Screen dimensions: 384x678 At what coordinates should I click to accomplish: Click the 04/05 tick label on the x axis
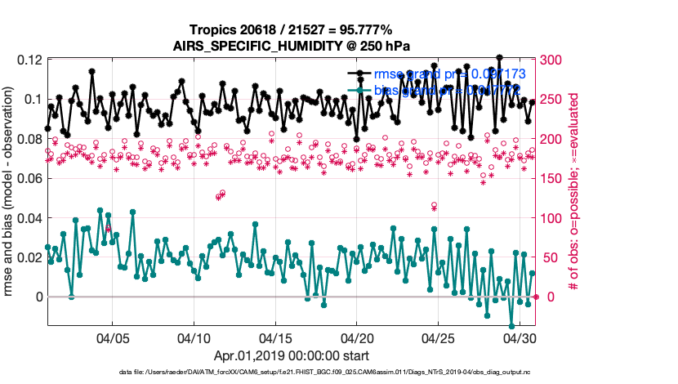112,337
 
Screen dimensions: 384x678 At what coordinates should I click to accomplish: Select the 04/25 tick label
439,337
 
